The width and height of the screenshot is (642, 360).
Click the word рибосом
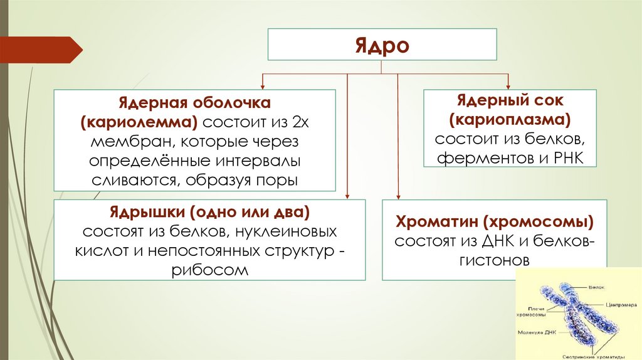pos(209,270)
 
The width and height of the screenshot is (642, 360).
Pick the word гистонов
pos(495,259)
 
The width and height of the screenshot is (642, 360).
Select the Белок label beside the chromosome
pos(596,287)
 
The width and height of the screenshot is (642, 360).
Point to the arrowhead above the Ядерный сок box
pos(508,86)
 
